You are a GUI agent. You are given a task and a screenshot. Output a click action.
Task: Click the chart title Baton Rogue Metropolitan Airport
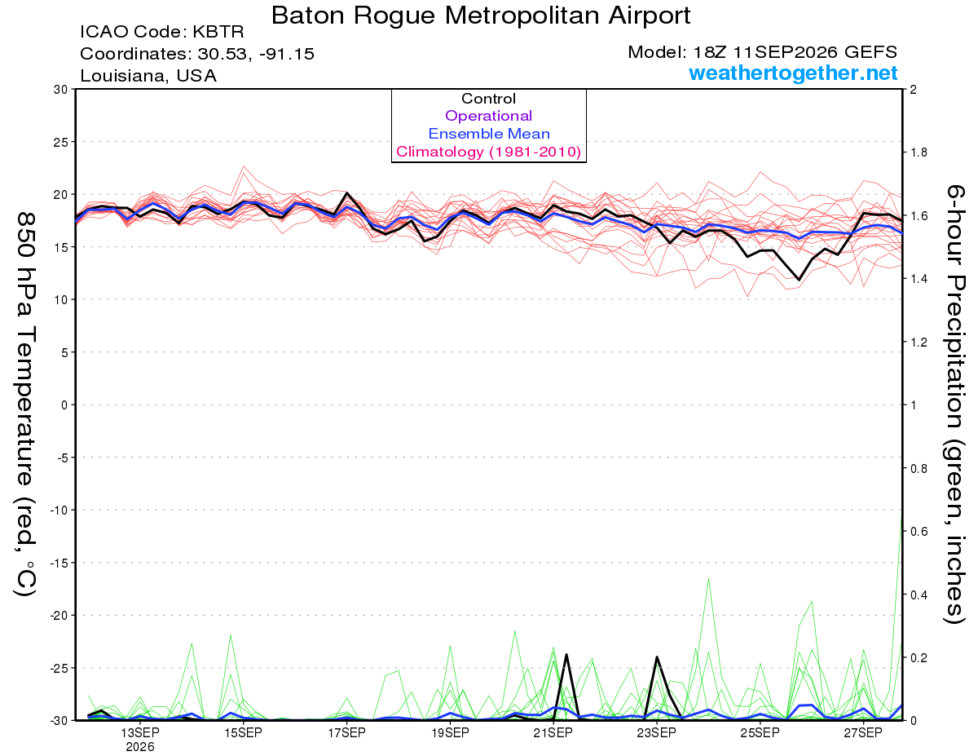tap(480, 15)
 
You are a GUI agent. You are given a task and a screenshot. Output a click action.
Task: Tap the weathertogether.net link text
tap(793, 73)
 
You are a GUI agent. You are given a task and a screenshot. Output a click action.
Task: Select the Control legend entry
tap(488, 99)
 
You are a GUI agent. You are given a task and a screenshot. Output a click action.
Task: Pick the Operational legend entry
tap(488, 116)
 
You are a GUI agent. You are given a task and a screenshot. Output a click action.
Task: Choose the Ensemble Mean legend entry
tap(489, 134)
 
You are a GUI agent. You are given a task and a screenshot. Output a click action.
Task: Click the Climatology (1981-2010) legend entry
tap(489, 152)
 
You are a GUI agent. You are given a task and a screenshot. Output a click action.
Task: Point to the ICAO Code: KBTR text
tap(162, 32)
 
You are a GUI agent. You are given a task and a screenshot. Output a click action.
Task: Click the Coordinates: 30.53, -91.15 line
tap(197, 54)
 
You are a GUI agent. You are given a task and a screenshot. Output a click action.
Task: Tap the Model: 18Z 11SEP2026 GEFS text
tap(762, 52)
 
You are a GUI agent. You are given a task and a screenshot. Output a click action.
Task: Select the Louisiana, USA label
tap(148, 76)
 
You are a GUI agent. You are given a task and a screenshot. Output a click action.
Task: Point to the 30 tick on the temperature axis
tap(60, 90)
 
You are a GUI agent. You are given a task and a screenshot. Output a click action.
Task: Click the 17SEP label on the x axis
tap(346, 733)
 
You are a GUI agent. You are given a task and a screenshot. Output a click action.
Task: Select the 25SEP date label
tap(760, 733)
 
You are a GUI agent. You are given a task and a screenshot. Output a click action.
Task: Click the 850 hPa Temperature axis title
tap(25, 405)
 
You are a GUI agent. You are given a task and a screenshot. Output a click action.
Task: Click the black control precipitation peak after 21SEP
tap(566, 655)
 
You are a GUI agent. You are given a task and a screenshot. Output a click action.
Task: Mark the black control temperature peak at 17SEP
tap(346, 193)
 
